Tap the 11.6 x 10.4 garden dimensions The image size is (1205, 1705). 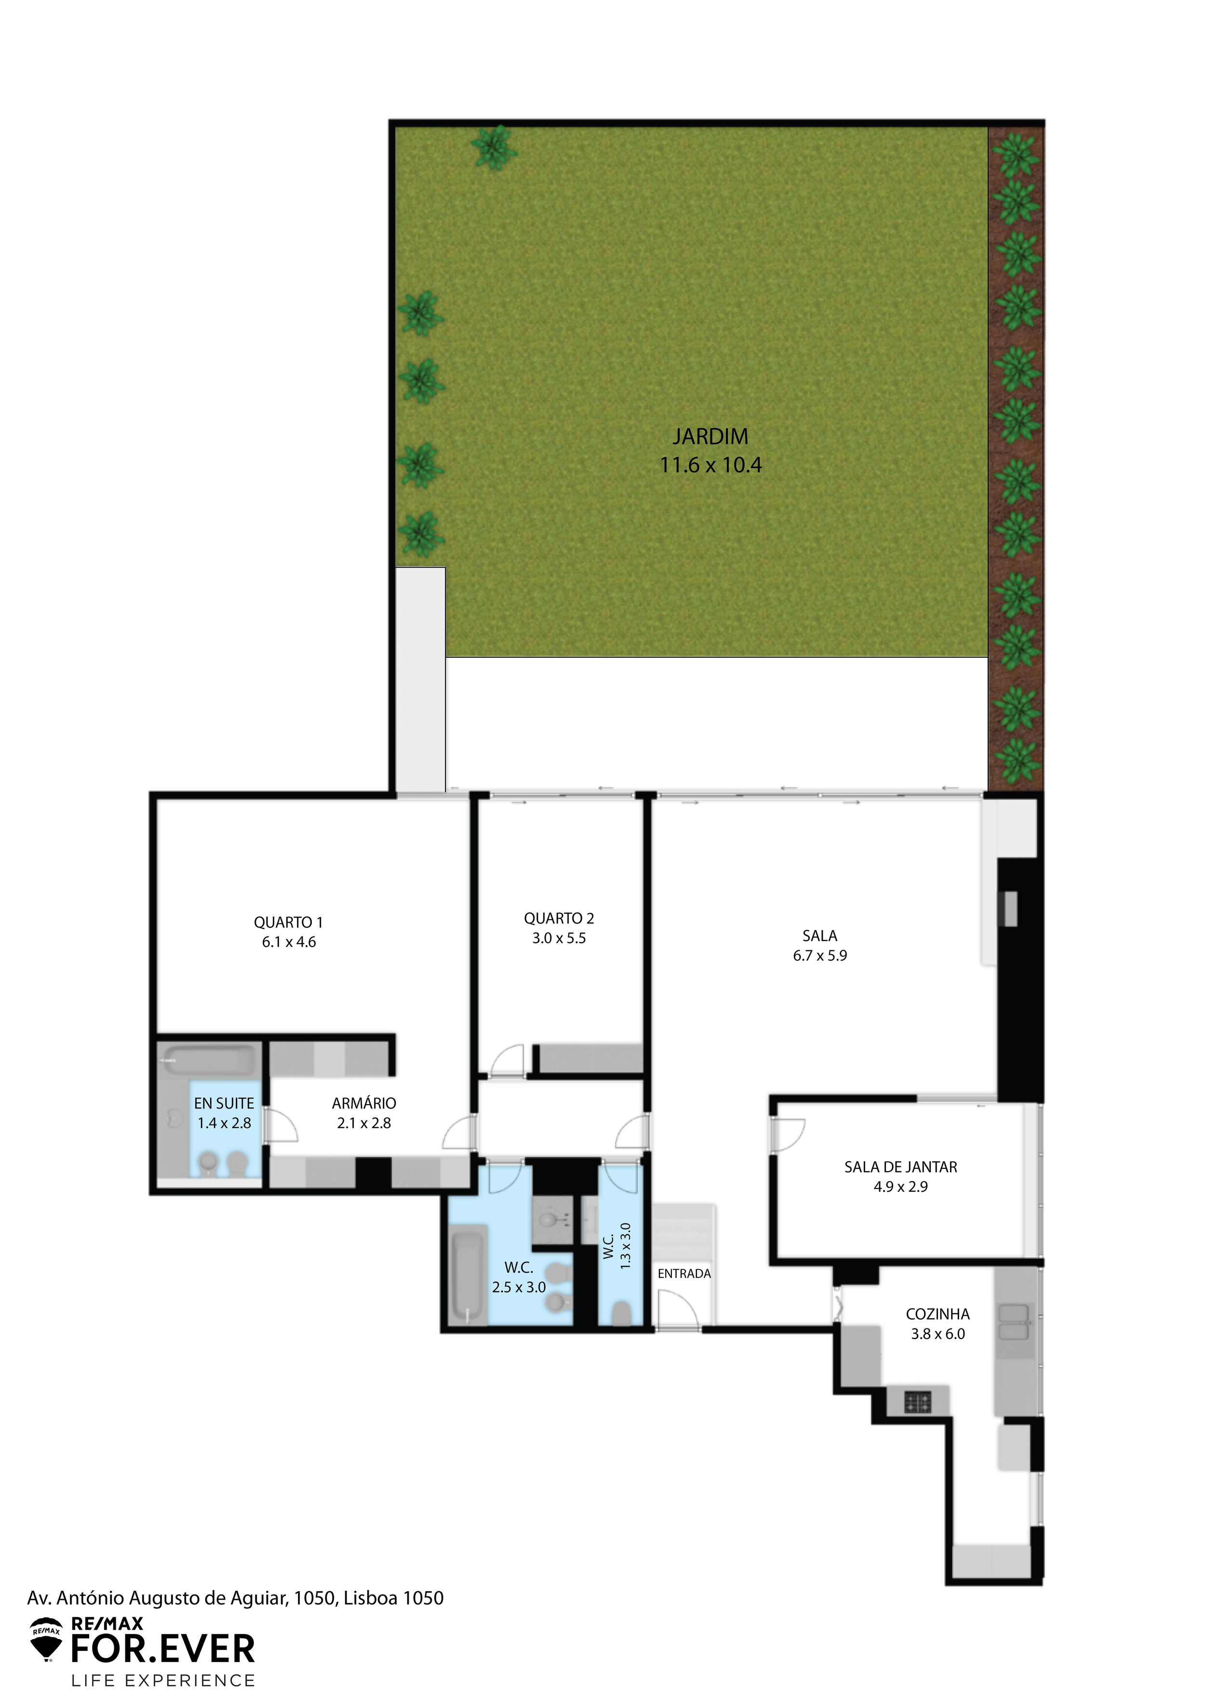click(x=710, y=465)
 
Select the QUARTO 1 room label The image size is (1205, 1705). click(x=288, y=922)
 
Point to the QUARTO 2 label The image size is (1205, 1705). click(x=559, y=919)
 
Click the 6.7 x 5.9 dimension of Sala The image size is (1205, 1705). click(x=820, y=956)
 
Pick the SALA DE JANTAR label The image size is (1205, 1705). click(x=900, y=1167)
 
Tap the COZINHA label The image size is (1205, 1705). click(x=937, y=1314)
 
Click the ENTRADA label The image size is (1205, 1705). click(x=684, y=1273)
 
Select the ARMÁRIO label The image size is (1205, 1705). click(x=364, y=1104)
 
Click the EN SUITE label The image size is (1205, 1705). click(x=224, y=1104)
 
